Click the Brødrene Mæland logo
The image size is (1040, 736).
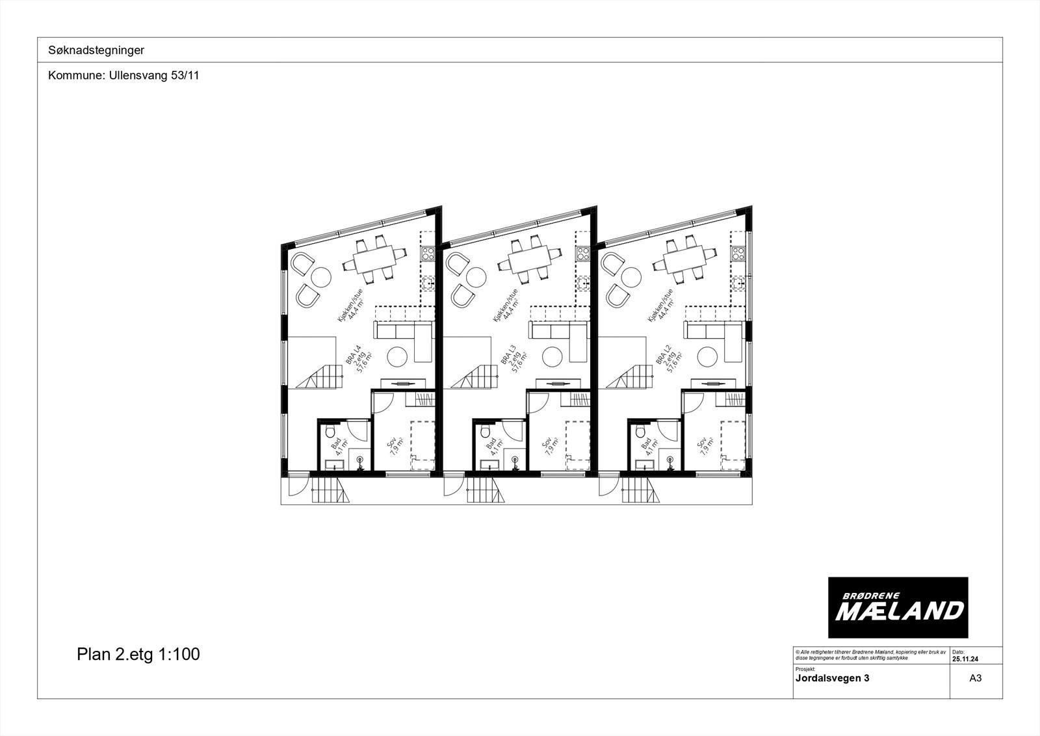(898, 607)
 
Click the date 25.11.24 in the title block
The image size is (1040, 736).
(966, 658)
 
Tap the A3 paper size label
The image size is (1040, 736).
(975, 678)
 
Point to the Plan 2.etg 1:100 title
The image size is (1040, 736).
(138, 654)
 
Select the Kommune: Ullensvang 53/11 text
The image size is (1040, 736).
(123, 75)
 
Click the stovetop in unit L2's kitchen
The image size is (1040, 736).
(738, 253)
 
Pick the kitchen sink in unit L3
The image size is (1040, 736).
(584, 283)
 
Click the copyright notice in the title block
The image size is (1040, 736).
(870, 655)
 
